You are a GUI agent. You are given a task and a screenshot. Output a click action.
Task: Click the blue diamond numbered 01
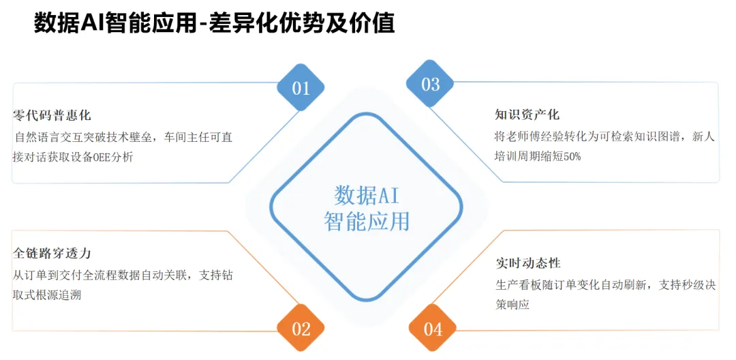tap(301, 88)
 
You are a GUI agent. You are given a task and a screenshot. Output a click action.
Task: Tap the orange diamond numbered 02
tap(301, 329)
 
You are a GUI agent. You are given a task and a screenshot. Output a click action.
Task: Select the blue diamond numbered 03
tap(430, 85)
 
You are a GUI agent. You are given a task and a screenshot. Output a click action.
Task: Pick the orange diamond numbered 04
tap(433, 329)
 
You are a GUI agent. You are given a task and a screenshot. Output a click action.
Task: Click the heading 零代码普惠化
tap(52, 115)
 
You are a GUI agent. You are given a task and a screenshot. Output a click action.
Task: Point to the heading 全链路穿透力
tap(52, 253)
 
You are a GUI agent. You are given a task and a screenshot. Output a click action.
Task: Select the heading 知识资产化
tap(527, 115)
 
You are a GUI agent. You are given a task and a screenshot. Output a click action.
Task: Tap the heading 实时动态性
tap(528, 262)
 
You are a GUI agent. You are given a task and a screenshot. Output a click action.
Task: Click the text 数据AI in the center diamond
tap(367, 195)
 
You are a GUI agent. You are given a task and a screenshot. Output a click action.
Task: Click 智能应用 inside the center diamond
tap(367, 221)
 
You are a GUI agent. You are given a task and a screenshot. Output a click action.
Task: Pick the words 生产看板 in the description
tap(519, 285)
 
